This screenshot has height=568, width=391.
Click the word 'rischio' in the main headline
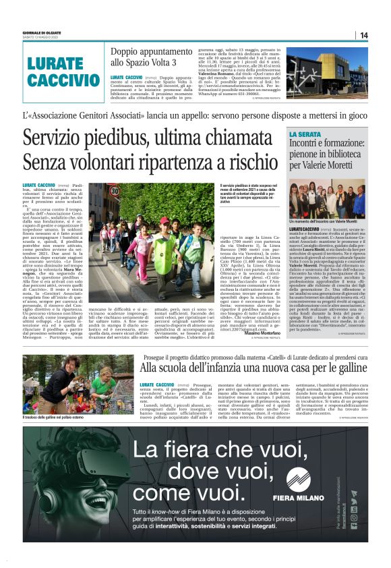point(247,162)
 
